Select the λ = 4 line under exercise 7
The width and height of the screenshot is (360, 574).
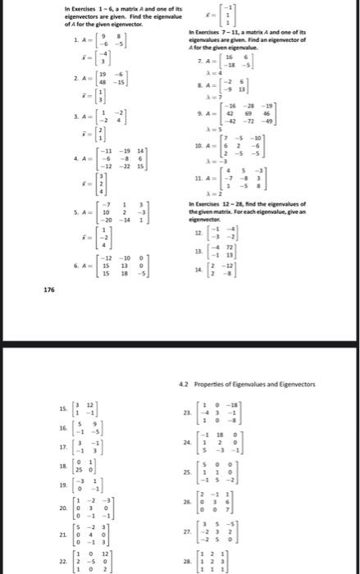218,73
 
